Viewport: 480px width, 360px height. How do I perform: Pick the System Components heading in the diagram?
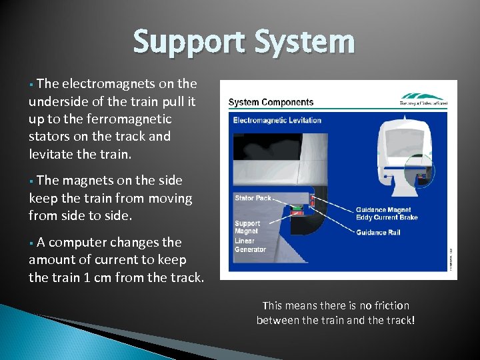(271, 102)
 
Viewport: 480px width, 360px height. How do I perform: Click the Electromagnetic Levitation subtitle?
(277, 120)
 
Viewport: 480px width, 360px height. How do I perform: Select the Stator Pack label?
(253, 198)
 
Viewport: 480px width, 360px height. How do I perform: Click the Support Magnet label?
(247, 228)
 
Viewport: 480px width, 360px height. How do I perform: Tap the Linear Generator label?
(250, 245)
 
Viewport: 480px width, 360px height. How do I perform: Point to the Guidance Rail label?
(380, 233)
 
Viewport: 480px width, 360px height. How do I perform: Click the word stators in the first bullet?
(49, 137)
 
